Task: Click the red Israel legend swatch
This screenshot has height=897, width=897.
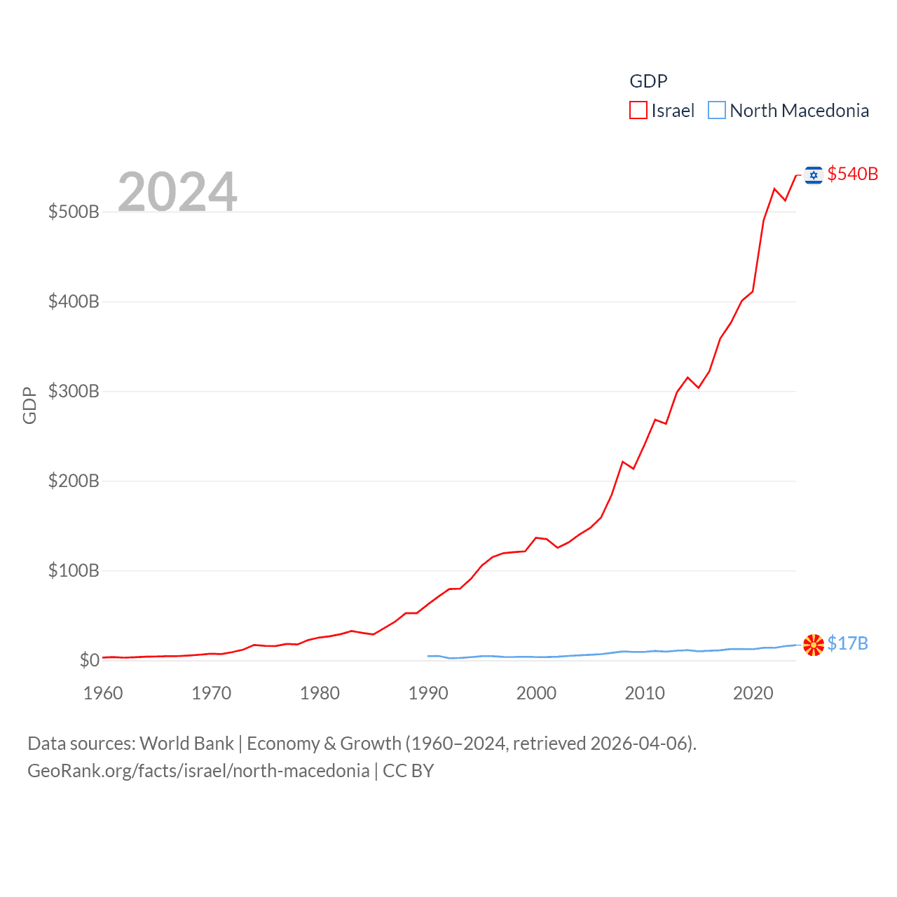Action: [638, 111]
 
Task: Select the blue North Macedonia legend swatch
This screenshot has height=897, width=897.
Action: [716, 111]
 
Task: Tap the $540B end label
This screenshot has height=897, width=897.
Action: [852, 174]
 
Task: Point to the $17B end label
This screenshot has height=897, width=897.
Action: [847, 643]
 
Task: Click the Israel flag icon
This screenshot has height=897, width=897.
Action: [813, 174]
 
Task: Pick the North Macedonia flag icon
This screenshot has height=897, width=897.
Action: [813, 645]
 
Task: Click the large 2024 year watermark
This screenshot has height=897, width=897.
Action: [177, 191]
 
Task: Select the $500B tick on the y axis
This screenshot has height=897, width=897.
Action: [74, 212]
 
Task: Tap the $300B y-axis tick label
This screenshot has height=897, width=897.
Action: [74, 391]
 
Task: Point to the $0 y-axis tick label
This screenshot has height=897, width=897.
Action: [89, 660]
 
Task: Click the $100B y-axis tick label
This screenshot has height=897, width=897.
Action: [74, 570]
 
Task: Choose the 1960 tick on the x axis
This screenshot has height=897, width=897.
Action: [103, 693]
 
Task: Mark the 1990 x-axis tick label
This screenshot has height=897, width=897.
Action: [428, 693]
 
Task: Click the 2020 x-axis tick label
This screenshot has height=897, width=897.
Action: [753, 693]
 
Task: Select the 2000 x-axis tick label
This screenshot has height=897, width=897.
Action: [537, 693]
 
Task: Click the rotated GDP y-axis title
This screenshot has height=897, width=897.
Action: [29, 405]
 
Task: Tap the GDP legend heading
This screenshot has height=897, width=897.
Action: [648, 81]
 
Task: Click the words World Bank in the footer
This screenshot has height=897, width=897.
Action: [186, 743]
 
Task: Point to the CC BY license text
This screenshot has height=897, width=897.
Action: [408, 771]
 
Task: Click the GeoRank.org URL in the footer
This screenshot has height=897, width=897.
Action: [198, 771]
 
